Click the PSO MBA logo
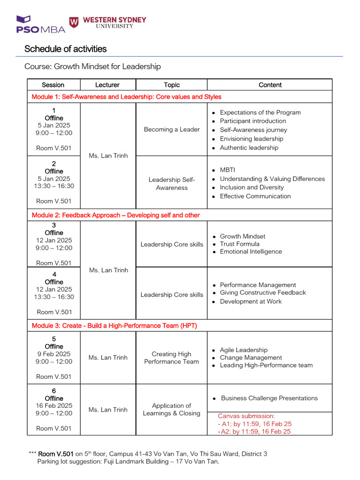(40, 24)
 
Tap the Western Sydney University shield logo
(74, 22)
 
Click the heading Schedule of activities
(65, 49)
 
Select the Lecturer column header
(107, 85)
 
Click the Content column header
(270, 85)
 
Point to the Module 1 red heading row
(126, 97)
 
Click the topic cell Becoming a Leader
(172, 129)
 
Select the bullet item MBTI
(227, 170)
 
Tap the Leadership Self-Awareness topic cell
(172, 184)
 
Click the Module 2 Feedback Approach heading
(115, 215)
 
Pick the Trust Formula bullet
(240, 244)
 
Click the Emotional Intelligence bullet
(251, 252)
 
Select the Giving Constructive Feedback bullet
(262, 292)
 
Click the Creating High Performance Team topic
(172, 358)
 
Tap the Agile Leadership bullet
(244, 350)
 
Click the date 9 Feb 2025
(54, 354)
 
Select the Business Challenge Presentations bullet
(269, 398)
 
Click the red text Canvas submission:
(247, 416)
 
